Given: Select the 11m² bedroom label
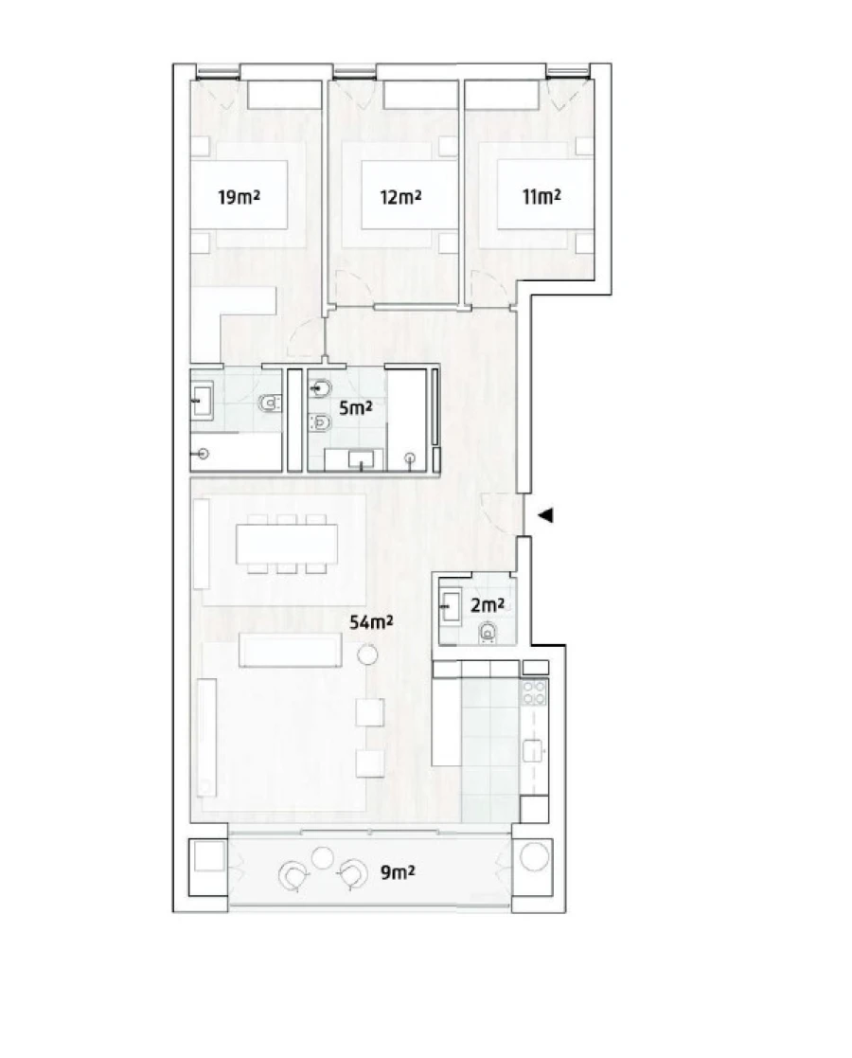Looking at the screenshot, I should pos(541,197).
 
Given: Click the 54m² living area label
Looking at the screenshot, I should pos(371,622).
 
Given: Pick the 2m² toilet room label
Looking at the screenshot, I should pos(487,603).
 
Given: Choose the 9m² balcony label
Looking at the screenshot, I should pos(399,872).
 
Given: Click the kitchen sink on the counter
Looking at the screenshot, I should pos(535,751).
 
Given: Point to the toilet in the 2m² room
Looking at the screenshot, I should pos(488,631).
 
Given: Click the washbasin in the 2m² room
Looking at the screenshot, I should pos(451,603).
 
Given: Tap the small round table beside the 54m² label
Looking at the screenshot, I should pos(367,655).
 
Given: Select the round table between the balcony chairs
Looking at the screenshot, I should pos(323,858).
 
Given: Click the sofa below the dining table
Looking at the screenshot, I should pos(290,651).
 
